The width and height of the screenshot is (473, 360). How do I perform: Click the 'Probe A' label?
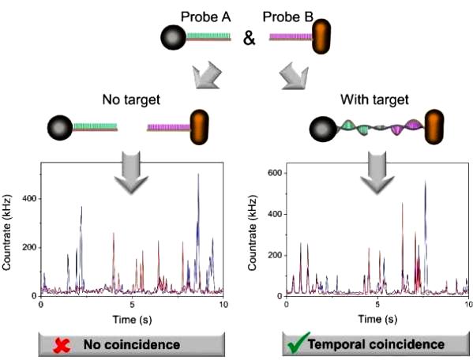coord(205,17)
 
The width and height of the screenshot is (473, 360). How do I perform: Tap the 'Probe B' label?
coord(288,17)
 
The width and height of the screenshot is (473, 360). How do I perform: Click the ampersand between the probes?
coord(250,39)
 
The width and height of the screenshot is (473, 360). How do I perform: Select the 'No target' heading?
coord(131,99)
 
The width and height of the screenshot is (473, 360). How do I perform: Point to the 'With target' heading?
coord(374,99)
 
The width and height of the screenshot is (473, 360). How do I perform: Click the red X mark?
coord(62,346)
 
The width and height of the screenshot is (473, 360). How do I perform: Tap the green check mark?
coord(298,343)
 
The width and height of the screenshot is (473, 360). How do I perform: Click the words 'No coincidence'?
coord(132,345)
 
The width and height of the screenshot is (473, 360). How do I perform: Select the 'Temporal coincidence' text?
coord(376,344)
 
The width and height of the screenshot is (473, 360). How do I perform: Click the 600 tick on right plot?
coord(275,173)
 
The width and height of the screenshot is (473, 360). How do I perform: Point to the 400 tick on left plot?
coord(29,198)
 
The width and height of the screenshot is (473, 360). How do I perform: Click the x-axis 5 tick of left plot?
coord(132,304)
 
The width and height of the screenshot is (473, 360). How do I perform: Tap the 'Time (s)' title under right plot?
coord(377,319)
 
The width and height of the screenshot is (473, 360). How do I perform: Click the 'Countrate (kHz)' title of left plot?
coord(6,233)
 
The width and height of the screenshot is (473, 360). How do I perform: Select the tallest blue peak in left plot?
coord(198,174)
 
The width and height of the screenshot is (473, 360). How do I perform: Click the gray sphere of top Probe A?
coord(173,37)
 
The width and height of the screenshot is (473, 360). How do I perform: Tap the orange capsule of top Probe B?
coord(321,36)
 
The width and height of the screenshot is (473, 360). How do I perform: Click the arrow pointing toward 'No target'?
coord(207,75)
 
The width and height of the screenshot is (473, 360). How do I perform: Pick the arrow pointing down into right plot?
coord(377,172)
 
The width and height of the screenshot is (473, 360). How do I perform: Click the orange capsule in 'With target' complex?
coord(434,127)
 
